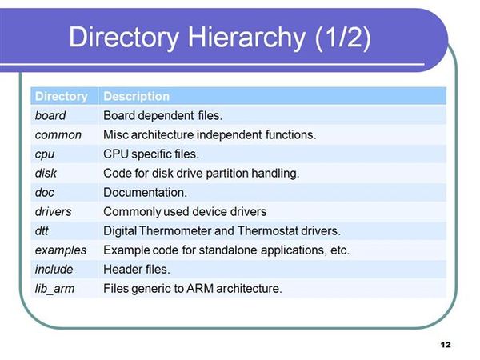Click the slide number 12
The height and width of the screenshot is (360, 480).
point(446,345)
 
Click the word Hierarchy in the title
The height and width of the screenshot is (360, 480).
point(246,38)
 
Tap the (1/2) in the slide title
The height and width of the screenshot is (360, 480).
point(343,38)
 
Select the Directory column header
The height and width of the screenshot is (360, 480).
point(62,97)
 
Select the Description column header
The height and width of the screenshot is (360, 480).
point(137,97)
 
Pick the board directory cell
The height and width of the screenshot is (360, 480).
point(50,116)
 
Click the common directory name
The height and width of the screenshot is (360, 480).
point(58,135)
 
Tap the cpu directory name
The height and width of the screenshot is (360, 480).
point(45,154)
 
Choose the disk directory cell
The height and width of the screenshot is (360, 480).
point(46,174)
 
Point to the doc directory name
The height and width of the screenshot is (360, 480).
point(45,193)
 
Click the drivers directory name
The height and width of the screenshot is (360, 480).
point(54,212)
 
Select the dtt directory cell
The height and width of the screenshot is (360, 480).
point(42,231)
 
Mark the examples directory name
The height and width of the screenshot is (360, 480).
point(61,250)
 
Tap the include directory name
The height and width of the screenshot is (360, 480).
point(54,270)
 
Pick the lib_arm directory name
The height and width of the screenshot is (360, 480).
point(54,289)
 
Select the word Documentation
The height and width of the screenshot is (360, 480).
point(145,193)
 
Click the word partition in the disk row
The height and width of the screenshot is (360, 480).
point(227,174)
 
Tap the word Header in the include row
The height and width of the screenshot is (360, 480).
point(122,270)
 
